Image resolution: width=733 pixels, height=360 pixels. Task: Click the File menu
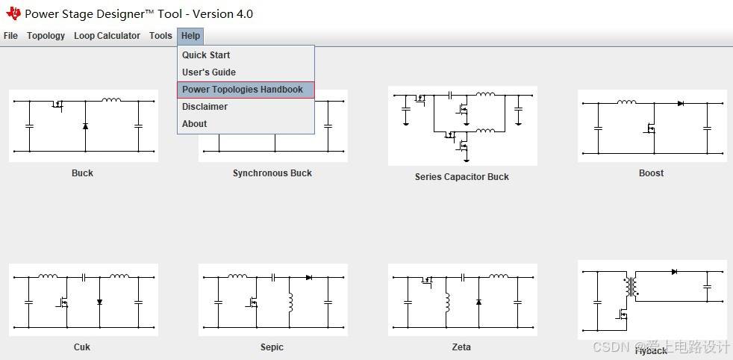click(10, 36)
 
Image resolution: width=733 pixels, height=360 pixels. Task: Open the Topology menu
click(46, 36)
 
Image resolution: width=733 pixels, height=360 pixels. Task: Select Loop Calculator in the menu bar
click(107, 36)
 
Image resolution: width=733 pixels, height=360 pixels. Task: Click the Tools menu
click(160, 36)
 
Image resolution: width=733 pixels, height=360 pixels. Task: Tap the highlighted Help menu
click(190, 36)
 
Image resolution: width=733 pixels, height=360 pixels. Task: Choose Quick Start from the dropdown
click(206, 55)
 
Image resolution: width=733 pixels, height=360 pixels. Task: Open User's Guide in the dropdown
click(209, 72)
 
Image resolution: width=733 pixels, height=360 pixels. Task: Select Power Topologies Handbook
click(243, 90)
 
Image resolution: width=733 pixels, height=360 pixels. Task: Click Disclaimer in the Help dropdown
click(205, 107)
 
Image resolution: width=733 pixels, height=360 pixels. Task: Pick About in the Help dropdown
click(194, 124)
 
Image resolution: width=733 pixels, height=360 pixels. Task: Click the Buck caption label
click(82, 173)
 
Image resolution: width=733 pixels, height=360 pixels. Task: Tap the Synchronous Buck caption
click(272, 173)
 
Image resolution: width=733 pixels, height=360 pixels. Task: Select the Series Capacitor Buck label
click(461, 177)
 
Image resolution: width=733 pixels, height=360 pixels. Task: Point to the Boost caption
click(651, 173)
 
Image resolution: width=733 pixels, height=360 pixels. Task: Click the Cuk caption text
click(82, 347)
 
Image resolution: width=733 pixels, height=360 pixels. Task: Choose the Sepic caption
click(272, 347)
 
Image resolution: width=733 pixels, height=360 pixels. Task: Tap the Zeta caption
click(461, 347)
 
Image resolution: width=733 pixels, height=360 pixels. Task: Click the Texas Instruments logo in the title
click(13, 13)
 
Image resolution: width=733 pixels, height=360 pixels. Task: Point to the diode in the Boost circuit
click(681, 103)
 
